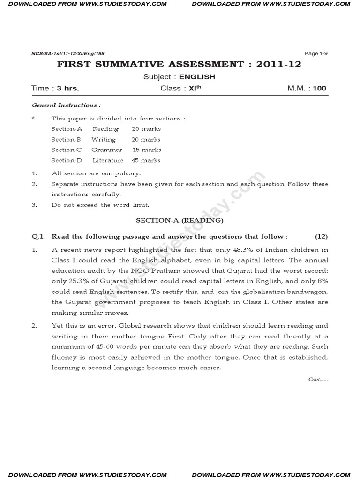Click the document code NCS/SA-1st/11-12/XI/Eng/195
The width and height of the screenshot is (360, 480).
(58, 54)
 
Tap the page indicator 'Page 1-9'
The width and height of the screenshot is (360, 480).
(316, 53)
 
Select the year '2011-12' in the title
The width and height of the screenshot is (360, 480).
(277, 64)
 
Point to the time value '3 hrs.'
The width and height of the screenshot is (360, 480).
(68, 88)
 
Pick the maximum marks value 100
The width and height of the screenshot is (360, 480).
(320, 88)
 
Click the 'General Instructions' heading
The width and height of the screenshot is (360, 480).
(66, 105)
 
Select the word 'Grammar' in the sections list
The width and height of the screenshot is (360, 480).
(107, 150)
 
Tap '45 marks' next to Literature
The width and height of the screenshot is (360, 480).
(146, 160)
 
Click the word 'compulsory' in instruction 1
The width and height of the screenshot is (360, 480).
(120, 173)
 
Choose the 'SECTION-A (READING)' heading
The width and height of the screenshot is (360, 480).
(180, 220)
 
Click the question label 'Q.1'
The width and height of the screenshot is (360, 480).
(37, 237)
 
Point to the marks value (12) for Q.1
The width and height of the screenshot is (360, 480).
(321, 237)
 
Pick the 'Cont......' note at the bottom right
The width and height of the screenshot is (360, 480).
(318, 379)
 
